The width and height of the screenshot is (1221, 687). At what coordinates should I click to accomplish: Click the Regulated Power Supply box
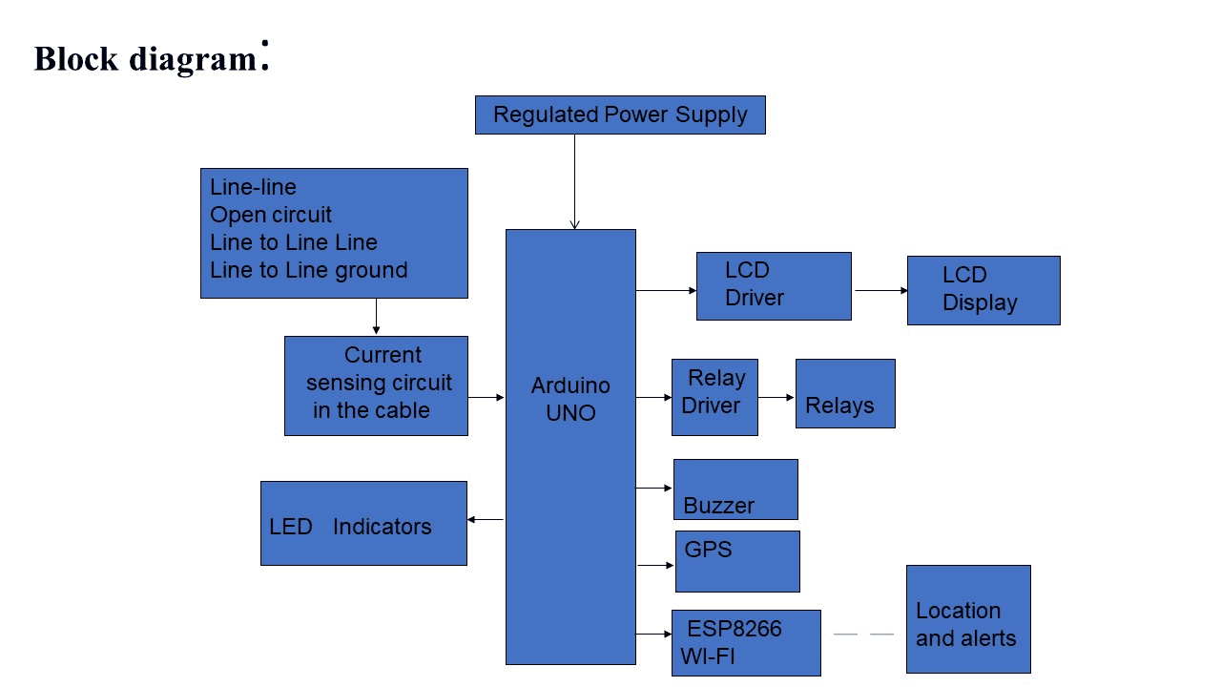point(620,114)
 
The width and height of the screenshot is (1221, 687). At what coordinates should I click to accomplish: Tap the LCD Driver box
point(774,285)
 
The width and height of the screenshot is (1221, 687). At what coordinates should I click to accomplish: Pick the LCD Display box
point(983,290)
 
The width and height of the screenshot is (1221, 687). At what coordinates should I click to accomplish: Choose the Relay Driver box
point(714,397)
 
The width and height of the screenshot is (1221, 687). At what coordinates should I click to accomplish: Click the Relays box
point(845,393)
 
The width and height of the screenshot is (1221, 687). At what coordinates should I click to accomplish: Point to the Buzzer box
point(735,489)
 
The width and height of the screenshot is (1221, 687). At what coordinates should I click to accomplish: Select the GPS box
point(737,561)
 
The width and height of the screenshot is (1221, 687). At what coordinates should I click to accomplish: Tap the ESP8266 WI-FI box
point(746,642)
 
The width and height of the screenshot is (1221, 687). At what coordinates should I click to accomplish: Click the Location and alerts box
point(968,618)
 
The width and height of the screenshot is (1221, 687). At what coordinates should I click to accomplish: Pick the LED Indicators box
point(363,523)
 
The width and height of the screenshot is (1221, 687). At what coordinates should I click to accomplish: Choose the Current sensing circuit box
point(376,385)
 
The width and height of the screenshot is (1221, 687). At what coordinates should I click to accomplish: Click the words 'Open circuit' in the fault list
point(271,215)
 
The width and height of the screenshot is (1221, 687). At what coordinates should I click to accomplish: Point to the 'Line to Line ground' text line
point(308,270)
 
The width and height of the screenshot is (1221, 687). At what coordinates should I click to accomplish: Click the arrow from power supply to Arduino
point(574,181)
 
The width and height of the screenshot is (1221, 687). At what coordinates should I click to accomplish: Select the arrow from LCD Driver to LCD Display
point(880,290)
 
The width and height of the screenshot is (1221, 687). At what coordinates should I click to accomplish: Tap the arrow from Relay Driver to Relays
point(776,397)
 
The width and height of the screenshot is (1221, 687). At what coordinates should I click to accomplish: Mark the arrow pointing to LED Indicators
point(486,520)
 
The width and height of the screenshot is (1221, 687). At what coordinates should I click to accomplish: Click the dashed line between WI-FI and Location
point(863,634)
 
